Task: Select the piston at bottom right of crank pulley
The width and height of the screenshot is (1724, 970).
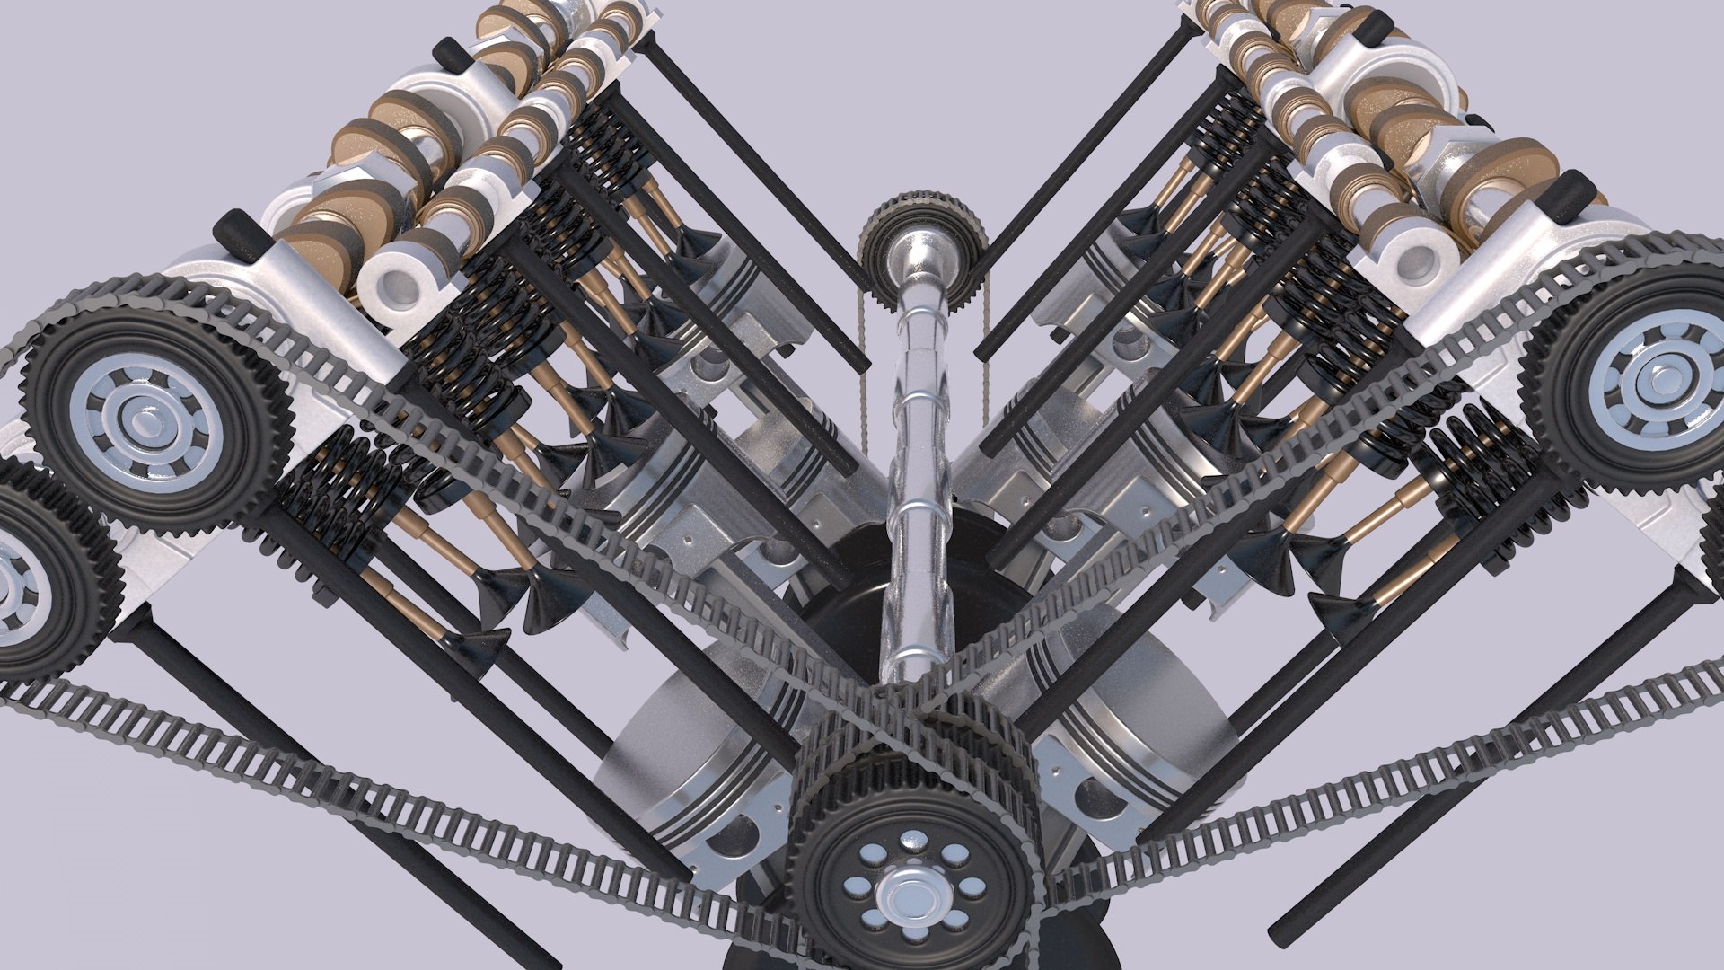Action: [x=1122, y=763]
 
